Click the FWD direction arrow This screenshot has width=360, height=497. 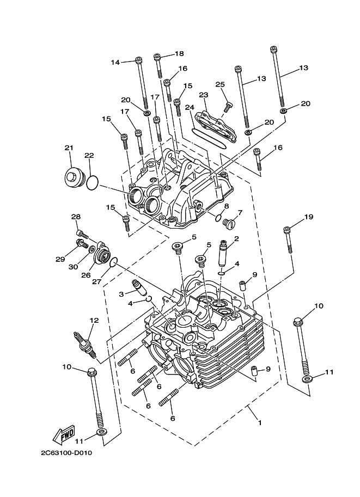(64, 434)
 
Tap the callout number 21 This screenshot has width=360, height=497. (69, 148)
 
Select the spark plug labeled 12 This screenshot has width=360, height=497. (87, 345)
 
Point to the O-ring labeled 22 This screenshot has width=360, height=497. (92, 182)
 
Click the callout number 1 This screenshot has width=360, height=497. (259, 422)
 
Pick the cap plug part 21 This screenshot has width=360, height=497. (72, 178)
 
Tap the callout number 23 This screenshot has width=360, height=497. (204, 95)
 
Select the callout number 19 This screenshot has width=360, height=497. (309, 217)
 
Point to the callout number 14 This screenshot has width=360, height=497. (115, 62)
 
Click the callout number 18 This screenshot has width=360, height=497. (179, 53)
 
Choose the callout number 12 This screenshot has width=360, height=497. (94, 320)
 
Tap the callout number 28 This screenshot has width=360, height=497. (76, 217)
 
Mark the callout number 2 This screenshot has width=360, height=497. (236, 238)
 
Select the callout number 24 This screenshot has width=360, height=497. (190, 107)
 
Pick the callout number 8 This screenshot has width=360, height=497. (226, 207)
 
